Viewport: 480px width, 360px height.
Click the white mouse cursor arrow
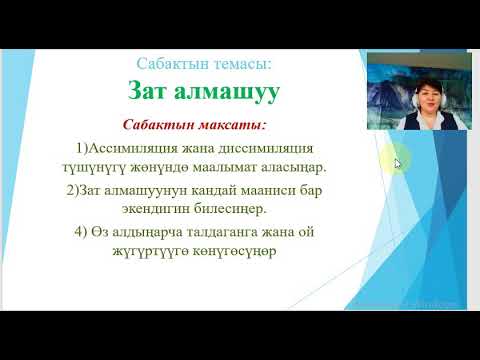coord(398,163)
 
